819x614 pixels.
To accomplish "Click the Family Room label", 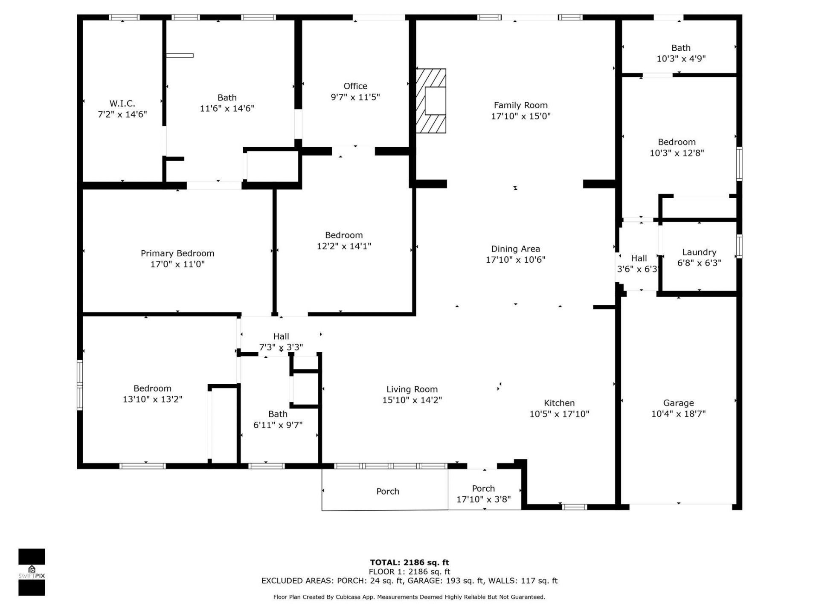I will (x=520, y=105).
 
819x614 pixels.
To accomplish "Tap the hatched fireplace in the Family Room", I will (x=431, y=101).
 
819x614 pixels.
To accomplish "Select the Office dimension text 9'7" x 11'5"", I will (x=355, y=97).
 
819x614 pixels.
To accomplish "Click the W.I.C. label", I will (x=122, y=103).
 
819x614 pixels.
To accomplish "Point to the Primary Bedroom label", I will (x=177, y=253).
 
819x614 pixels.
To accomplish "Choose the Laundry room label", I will (x=699, y=252).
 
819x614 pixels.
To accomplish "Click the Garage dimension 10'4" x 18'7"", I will (x=678, y=414).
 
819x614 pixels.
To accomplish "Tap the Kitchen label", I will (x=559, y=403).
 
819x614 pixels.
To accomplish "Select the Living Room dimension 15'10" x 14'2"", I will (x=412, y=400).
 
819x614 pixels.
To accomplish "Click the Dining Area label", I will (x=515, y=249).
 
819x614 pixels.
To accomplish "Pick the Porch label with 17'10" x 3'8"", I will (x=483, y=489).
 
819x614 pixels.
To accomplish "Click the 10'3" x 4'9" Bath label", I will (x=680, y=48).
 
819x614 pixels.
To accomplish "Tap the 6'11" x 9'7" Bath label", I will (x=278, y=414).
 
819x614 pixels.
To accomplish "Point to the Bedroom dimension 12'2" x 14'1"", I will (x=344, y=246).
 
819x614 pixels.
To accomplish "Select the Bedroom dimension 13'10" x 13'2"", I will (x=152, y=399).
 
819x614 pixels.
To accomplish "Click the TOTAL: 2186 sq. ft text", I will (x=409, y=562).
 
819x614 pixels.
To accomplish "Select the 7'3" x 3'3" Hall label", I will (x=281, y=336).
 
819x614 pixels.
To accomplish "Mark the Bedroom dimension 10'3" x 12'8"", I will (x=677, y=153).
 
